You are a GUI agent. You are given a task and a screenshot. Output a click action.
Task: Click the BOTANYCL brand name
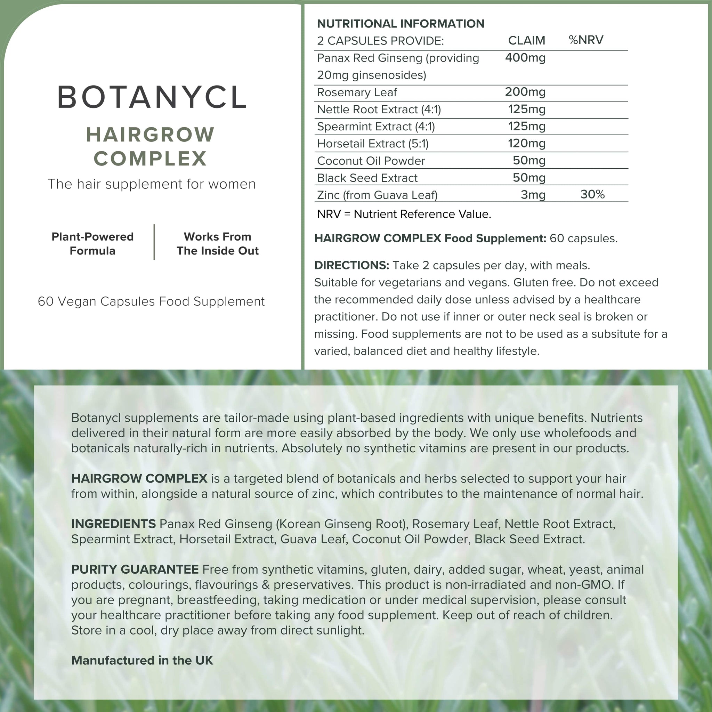point(152,97)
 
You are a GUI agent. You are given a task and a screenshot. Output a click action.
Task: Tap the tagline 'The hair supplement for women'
point(152,184)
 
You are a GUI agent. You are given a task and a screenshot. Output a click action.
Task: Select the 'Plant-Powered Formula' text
point(92,244)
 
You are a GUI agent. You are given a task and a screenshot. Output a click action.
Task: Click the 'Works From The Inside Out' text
point(217,244)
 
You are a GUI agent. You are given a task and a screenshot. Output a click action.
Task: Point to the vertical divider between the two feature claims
point(154,242)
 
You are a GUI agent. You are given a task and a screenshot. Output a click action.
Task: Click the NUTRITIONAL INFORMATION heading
point(400,24)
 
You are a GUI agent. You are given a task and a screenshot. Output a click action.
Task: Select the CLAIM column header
point(526,40)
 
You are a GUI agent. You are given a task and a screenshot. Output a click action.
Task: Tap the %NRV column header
point(585,40)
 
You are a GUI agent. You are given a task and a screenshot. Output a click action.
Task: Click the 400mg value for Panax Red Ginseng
point(525,58)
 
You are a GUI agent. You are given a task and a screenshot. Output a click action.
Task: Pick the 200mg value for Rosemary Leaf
point(525,92)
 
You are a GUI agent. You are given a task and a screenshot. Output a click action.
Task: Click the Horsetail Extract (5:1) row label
point(373,143)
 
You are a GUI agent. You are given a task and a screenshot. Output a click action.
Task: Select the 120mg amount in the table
point(527,143)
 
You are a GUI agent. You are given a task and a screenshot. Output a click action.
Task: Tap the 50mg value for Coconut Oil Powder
point(529,160)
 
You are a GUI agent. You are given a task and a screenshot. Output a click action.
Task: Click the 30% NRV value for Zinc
point(592,194)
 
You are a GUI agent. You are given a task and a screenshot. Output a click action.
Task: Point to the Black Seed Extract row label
point(367,178)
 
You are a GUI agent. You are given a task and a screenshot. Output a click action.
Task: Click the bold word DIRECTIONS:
point(351,265)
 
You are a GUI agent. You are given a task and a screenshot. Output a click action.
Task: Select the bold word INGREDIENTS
point(113,524)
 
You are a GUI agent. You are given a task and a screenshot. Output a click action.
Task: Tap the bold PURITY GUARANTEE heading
point(135,569)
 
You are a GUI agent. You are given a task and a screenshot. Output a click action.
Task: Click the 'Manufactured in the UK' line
point(142,660)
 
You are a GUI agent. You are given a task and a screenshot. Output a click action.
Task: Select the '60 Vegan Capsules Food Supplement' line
point(151,301)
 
